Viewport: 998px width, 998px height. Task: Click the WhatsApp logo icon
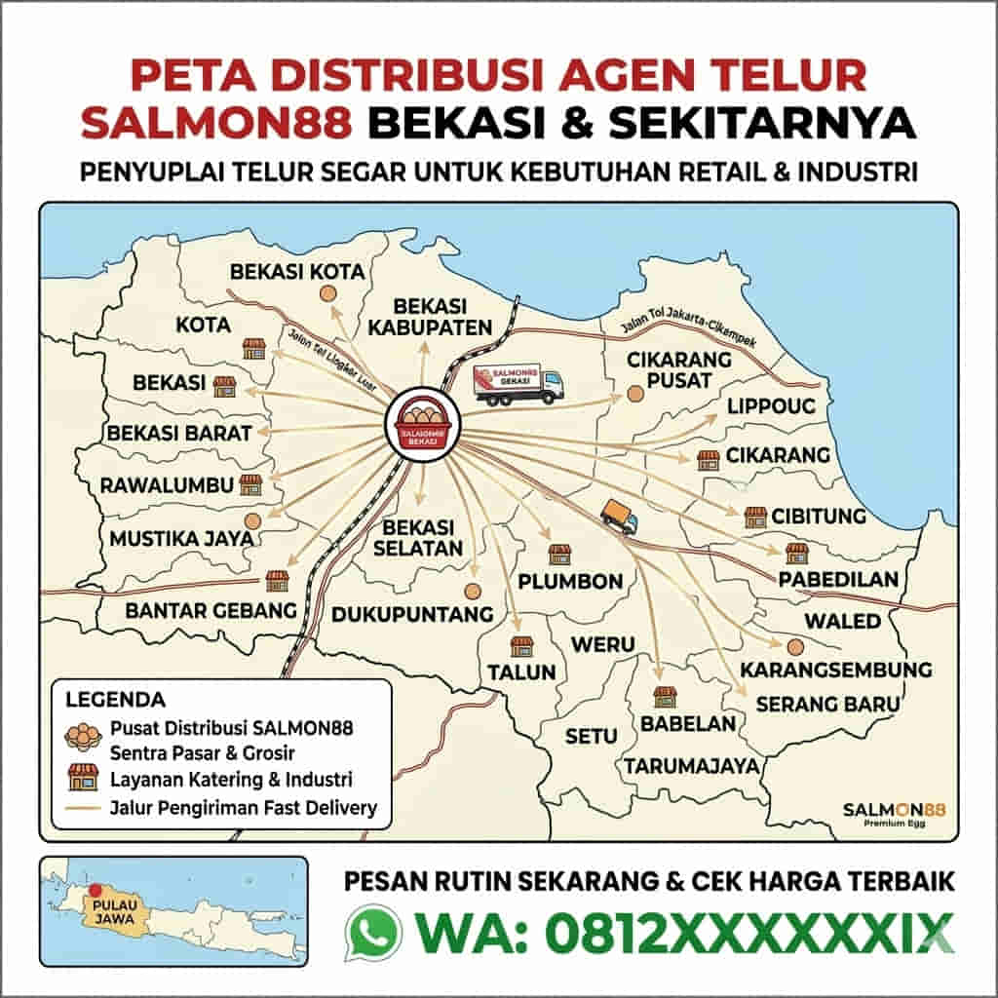point(372,933)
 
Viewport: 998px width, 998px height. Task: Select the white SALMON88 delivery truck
point(518,383)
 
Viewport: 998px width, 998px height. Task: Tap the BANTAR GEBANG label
point(211,611)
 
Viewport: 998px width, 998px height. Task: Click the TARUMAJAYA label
point(692,766)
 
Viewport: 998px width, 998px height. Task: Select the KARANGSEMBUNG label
point(836,671)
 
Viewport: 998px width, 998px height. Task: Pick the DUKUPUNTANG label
point(412,614)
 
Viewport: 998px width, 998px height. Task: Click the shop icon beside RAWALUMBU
point(251,484)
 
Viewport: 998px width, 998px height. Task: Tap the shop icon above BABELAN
point(665,696)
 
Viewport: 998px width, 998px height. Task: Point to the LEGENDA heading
point(115,700)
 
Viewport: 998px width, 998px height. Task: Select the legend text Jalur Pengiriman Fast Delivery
point(244,807)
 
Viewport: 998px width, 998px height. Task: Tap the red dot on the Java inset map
point(95,889)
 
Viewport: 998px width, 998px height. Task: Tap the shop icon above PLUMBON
point(558,555)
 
